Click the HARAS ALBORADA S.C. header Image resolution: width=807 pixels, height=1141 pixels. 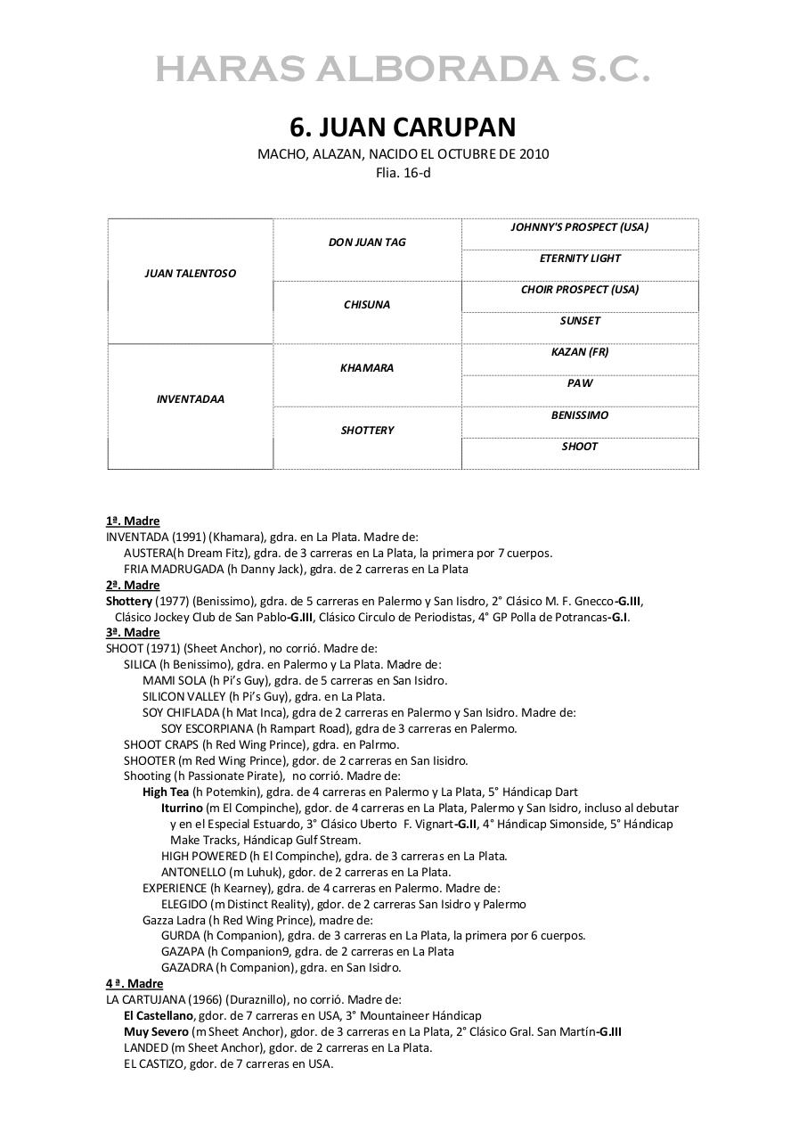403,70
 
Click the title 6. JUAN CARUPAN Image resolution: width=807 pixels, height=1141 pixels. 403,127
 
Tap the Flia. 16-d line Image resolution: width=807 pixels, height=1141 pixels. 403,172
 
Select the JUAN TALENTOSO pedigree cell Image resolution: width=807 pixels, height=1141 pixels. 190,274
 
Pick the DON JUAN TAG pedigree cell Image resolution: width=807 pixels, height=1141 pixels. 367,242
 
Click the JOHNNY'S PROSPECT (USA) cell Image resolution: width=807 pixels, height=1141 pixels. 579,227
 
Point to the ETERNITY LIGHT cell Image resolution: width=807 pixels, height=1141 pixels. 579,259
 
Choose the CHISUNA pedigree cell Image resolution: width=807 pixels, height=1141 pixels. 367,305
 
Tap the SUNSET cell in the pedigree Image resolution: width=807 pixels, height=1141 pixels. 579,321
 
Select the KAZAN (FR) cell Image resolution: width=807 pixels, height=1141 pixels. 579,352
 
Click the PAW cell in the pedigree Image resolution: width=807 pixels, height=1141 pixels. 579,383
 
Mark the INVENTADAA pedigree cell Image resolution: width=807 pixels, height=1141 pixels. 190,399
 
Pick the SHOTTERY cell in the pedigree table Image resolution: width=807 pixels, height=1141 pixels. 367,431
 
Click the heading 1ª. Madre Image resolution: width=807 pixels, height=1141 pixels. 133,521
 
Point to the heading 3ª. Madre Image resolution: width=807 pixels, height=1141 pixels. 133,632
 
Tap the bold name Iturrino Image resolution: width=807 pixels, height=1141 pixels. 183,808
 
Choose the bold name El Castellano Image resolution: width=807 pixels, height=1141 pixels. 159,1015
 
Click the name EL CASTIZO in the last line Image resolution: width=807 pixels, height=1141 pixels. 154,1063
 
